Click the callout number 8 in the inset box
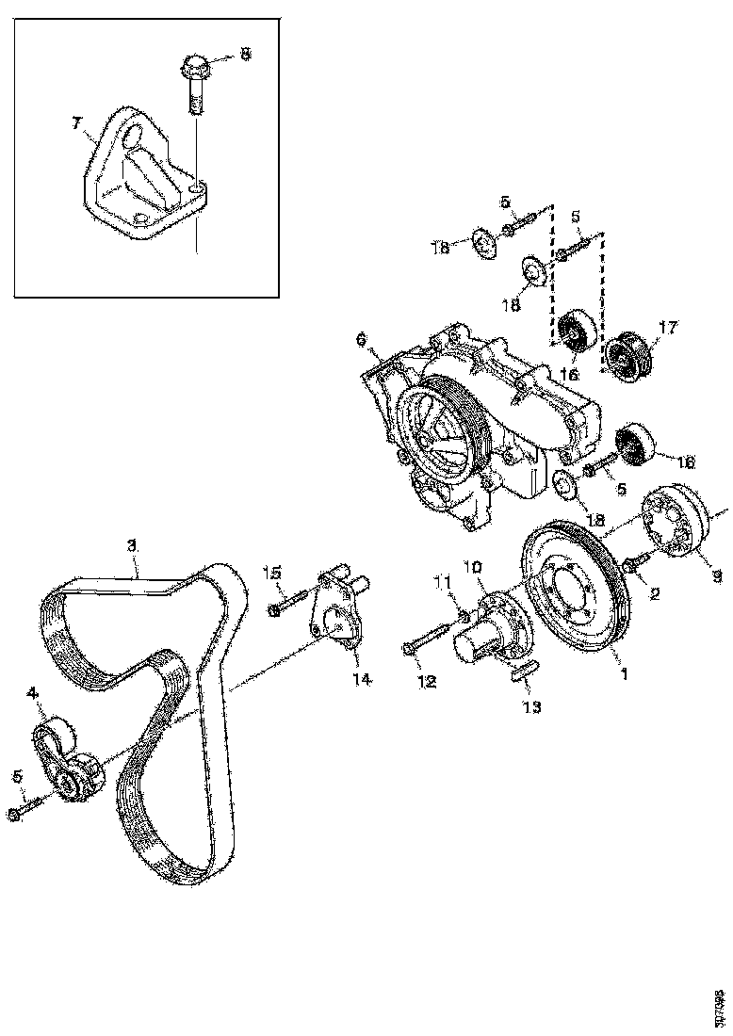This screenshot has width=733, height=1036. [245, 55]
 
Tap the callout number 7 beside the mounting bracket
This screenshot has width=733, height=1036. [78, 123]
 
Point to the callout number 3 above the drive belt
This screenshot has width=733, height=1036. [133, 544]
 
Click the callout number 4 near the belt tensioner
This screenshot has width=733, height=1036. [35, 693]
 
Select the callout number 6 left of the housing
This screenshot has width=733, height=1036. [360, 339]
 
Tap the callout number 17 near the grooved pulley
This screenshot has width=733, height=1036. [667, 329]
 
